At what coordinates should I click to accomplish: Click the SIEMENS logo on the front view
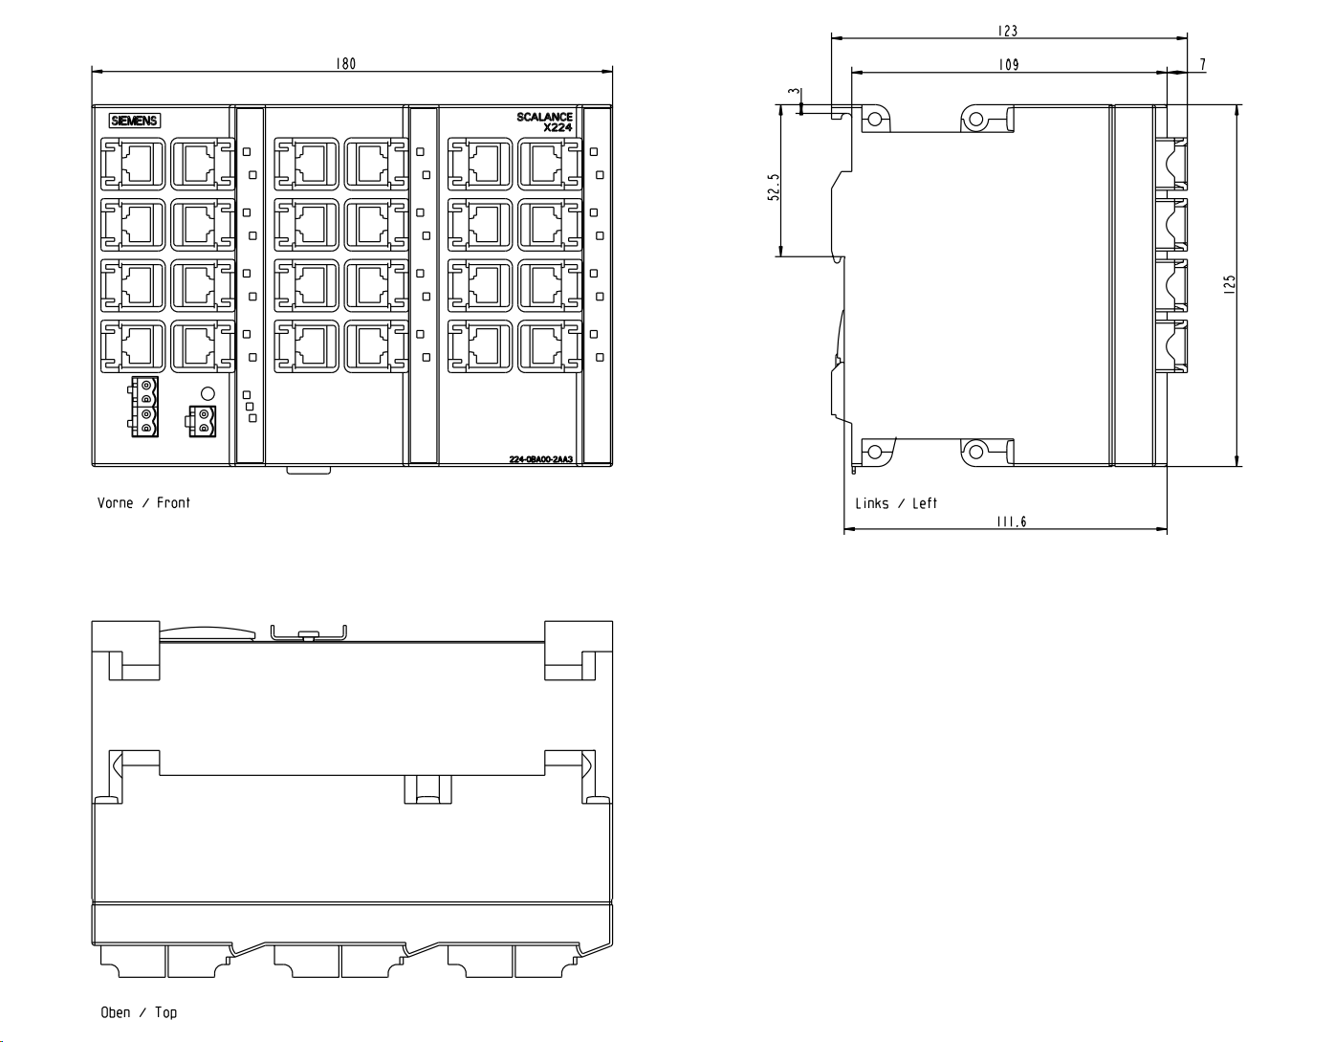point(135,121)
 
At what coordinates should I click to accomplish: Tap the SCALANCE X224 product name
point(544,122)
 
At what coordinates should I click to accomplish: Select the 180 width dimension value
point(345,64)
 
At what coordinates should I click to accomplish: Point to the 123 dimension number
point(1007,31)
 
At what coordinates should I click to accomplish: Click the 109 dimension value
point(1009,64)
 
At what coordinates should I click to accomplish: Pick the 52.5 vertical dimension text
point(774,187)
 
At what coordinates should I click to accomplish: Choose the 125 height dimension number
point(1229,284)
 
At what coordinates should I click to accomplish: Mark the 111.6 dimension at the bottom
point(1011,521)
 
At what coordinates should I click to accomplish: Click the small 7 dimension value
point(1203,64)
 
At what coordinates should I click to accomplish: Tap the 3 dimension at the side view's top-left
point(795,92)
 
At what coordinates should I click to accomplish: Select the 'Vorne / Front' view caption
point(143,503)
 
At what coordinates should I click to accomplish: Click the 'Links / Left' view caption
point(896,503)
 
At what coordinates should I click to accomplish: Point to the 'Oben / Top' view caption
point(139,1012)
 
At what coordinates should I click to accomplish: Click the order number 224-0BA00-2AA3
point(541,459)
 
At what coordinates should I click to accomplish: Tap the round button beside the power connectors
point(208,393)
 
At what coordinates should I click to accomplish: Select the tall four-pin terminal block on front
point(144,407)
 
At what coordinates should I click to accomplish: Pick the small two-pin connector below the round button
point(201,421)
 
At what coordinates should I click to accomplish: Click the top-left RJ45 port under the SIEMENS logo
point(133,164)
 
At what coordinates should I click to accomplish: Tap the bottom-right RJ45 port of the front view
point(550,346)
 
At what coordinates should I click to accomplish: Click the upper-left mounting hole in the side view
point(875,118)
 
